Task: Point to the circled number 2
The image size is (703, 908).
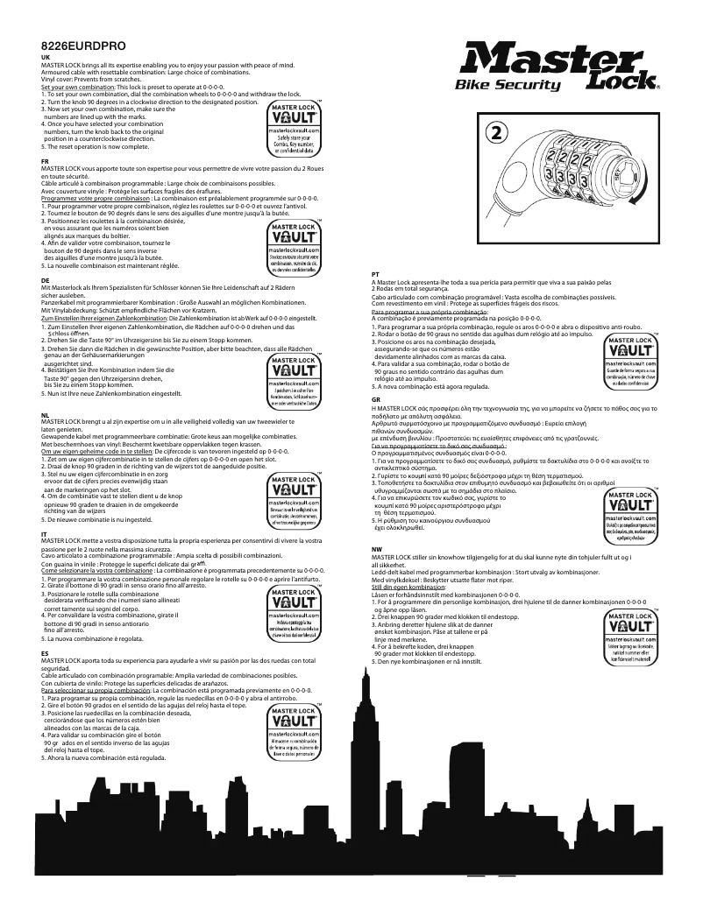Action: (495, 132)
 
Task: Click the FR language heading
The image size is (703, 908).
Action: (45, 163)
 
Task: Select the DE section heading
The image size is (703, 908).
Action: (45, 279)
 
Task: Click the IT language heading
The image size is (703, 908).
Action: (44, 532)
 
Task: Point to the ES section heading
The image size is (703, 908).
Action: (45, 652)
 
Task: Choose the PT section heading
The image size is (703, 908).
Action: (375, 274)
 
